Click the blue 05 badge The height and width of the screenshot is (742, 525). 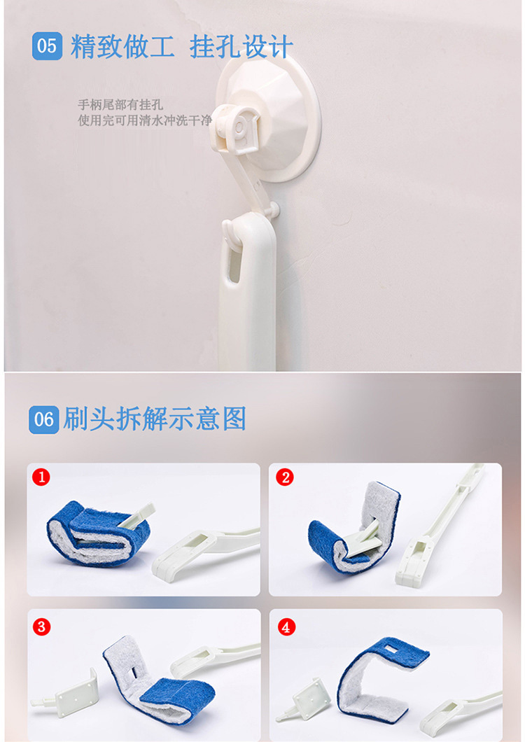(47, 46)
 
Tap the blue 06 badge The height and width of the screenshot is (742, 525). (43, 419)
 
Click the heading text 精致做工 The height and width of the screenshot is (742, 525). (122, 46)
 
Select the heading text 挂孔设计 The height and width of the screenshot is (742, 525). (241, 46)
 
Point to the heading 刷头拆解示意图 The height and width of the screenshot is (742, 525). (155, 419)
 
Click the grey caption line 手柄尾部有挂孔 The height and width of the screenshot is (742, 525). (120, 104)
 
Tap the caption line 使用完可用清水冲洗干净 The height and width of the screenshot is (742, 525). (145, 120)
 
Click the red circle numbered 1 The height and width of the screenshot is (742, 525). (41, 477)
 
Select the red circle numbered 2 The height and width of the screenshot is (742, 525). (285, 477)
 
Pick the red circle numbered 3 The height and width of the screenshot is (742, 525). (42, 626)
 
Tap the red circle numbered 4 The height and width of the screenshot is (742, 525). (286, 627)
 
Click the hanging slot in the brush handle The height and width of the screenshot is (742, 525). (234, 265)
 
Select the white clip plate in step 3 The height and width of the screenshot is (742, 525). (76, 694)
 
